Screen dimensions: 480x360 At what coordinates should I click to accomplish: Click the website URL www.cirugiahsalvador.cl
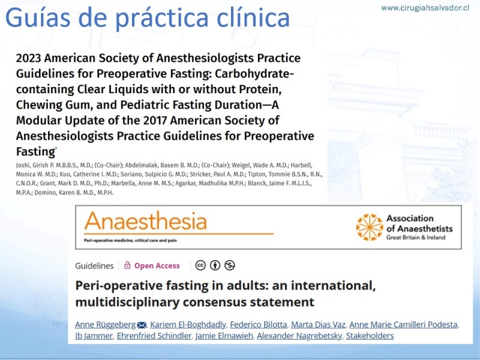tap(425, 8)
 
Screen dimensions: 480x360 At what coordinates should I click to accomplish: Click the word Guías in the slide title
tap(29, 18)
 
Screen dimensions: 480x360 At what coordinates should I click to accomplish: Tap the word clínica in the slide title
tap(253, 18)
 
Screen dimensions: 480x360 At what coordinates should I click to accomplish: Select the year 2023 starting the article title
tap(28, 58)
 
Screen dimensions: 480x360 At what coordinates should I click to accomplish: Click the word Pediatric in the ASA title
tap(146, 104)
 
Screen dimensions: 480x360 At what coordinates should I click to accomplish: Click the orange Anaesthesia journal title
tap(146, 221)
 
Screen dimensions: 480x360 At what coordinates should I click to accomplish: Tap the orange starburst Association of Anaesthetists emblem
tap(370, 227)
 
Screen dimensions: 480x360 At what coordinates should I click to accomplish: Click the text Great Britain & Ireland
tap(416, 238)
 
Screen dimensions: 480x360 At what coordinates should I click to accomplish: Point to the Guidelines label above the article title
tap(94, 266)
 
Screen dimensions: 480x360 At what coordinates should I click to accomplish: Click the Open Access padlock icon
tap(127, 265)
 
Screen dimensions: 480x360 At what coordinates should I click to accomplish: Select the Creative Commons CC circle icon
tap(200, 265)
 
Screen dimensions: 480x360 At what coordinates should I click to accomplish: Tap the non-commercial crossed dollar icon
tap(230, 265)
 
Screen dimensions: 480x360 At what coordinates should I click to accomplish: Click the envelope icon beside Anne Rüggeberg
tap(142, 325)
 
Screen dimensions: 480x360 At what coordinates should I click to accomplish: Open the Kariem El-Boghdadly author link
tap(188, 325)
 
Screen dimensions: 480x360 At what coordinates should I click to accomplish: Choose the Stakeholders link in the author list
tap(370, 336)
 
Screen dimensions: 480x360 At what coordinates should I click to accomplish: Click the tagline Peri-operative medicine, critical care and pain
tap(130, 241)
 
